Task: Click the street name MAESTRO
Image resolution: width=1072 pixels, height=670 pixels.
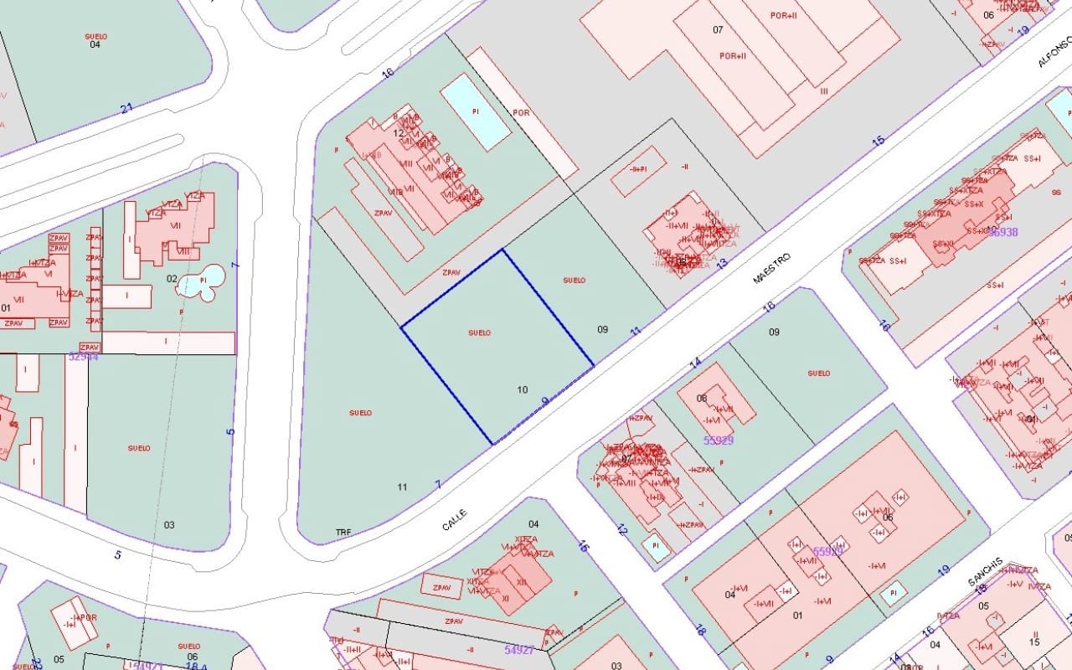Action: click(x=771, y=268)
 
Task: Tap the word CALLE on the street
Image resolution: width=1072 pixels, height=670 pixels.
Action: click(x=454, y=518)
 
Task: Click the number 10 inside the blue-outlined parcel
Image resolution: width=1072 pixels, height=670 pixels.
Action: click(x=523, y=389)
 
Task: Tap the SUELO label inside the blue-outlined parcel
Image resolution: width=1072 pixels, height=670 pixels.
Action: click(x=479, y=332)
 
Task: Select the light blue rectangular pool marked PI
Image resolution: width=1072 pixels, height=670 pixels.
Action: click(x=476, y=111)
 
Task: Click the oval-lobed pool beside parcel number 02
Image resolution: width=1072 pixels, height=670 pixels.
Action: click(x=203, y=281)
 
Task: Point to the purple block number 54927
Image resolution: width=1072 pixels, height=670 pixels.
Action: click(x=519, y=649)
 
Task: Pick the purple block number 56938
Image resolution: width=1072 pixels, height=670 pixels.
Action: click(x=1002, y=232)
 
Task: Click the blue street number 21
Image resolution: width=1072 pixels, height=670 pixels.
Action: click(x=126, y=108)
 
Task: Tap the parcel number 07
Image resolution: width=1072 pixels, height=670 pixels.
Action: click(x=718, y=30)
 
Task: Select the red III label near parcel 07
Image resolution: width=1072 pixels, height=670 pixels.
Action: click(x=824, y=90)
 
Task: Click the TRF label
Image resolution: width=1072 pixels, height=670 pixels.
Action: click(x=343, y=532)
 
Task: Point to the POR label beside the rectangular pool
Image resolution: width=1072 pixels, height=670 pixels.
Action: click(x=521, y=112)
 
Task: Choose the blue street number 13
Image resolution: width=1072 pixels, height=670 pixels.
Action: click(x=722, y=263)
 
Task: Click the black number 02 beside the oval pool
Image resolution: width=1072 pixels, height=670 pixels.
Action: click(x=172, y=279)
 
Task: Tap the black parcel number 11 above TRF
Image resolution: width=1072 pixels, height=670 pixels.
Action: click(x=402, y=487)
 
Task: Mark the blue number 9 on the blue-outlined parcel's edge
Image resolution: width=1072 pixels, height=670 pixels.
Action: click(x=545, y=401)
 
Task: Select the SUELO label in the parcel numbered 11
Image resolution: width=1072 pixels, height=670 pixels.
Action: click(x=360, y=412)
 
